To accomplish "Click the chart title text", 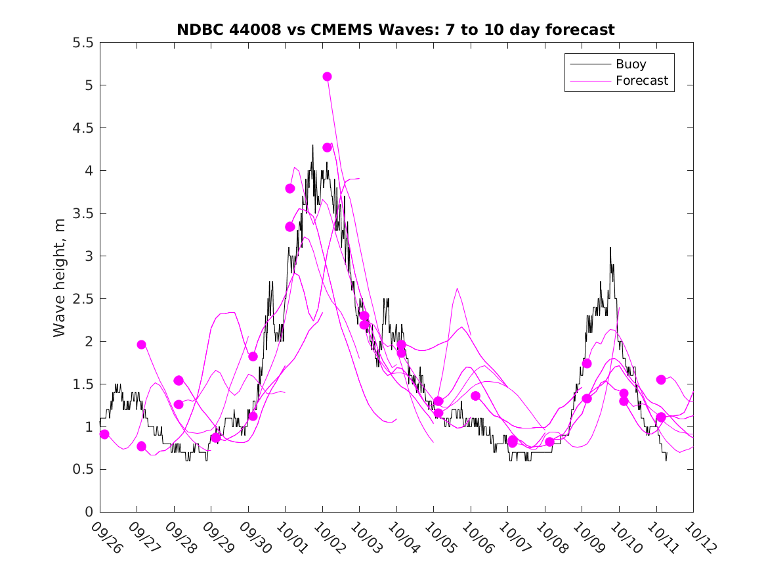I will pos(395,30).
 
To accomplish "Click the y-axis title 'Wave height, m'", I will pos(60,277).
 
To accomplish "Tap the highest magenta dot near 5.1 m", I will pos(327,76).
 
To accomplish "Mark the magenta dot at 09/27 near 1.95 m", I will pos(141,344).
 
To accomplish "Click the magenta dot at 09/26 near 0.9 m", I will pos(104,434).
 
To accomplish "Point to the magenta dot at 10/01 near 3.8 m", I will pos(289,189).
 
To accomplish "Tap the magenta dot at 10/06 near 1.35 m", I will pos(475,396).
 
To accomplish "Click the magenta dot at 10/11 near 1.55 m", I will pos(661,380).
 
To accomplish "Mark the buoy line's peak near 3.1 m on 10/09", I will pos(610,248).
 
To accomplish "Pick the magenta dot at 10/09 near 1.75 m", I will pos(587,363).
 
